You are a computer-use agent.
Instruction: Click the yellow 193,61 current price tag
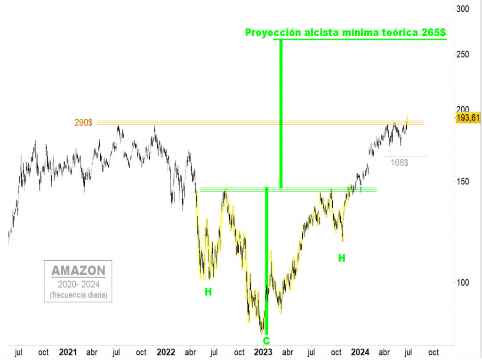click(467, 118)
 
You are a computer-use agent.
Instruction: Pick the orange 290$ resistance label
click(83, 123)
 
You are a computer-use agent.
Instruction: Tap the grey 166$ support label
click(399, 163)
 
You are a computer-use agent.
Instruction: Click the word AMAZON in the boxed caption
click(78, 271)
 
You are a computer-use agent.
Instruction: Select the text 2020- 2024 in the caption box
click(78, 285)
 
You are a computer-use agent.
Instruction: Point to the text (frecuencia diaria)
click(78, 296)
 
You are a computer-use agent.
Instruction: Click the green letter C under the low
click(266, 341)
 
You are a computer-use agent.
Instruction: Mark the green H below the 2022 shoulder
click(208, 292)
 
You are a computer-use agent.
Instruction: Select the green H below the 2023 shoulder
click(342, 258)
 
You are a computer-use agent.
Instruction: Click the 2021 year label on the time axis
click(68, 352)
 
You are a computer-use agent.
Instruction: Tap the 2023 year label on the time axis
click(263, 352)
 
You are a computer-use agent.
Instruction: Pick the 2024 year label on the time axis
click(361, 352)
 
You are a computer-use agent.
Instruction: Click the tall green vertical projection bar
click(281, 113)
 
